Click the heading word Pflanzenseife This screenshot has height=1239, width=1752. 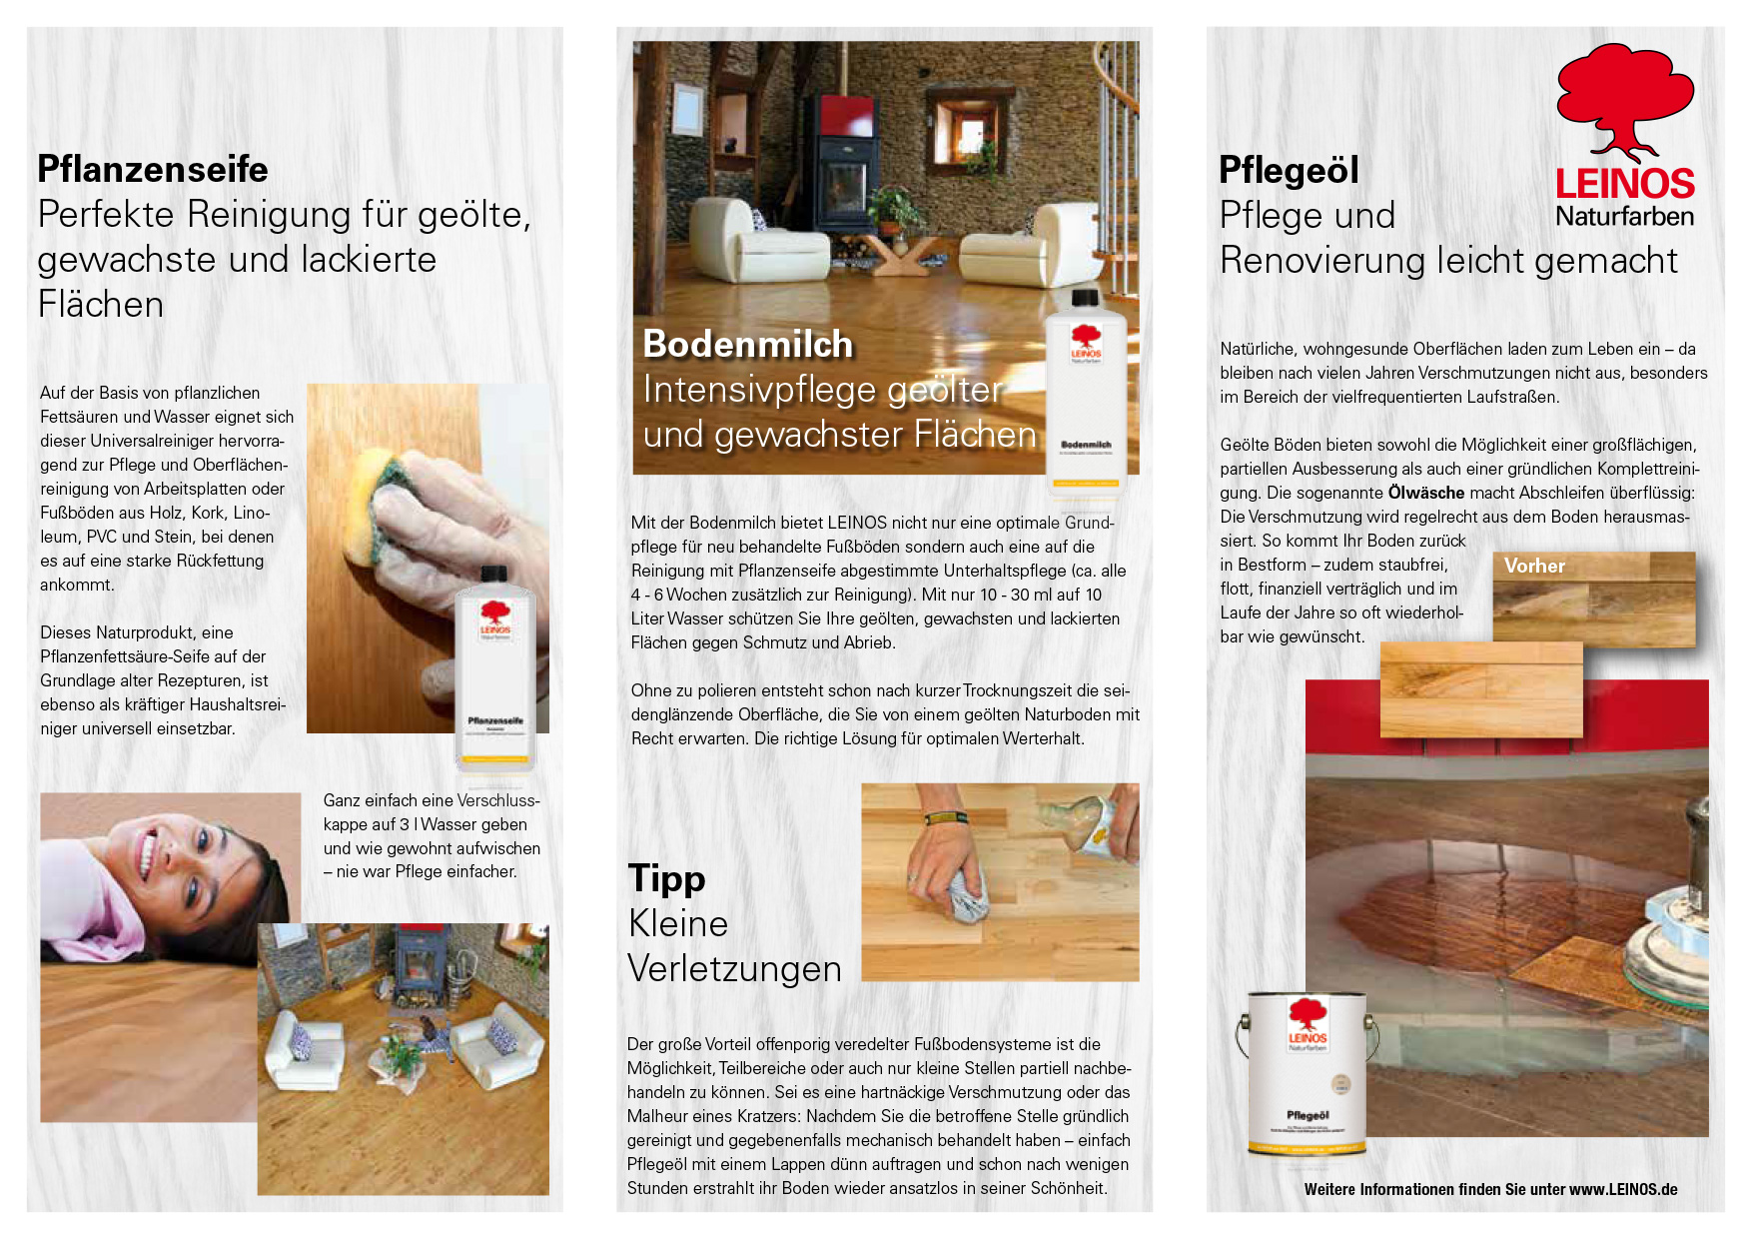tap(153, 170)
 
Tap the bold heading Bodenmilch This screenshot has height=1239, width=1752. tap(748, 344)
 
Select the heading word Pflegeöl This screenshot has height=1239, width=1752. tap(1289, 171)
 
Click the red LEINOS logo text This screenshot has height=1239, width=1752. tap(1625, 183)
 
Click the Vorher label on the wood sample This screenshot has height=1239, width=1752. tap(1534, 566)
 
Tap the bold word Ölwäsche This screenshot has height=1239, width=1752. tap(1426, 493)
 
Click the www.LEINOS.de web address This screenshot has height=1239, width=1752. tap(1623, 1189)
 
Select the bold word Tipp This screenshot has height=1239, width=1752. tap(667, 879)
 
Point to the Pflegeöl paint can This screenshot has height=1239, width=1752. tap(1307, 1074)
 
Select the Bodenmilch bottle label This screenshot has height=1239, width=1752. tap(1086, 445)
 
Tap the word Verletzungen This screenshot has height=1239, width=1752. tap(734, 969)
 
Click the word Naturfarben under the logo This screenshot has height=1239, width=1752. tap(1624, 216)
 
